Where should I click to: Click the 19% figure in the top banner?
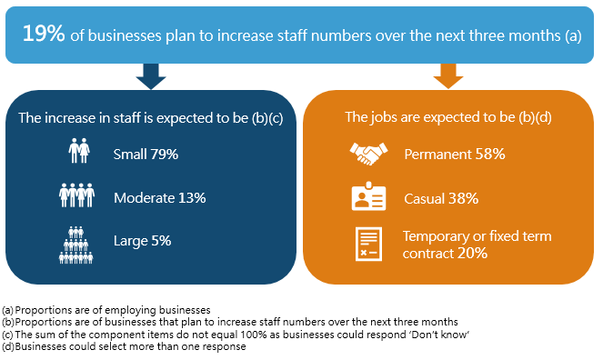pos(44,34)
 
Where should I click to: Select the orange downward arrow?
pos(447,76)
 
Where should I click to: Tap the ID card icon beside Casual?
pos(369,197)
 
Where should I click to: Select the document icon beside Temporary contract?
pos(369,245)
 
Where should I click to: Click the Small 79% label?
pos(146,154)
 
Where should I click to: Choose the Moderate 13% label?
pos(160,197)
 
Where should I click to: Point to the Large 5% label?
pos(142,241)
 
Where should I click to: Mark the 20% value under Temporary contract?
pos(473,254)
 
